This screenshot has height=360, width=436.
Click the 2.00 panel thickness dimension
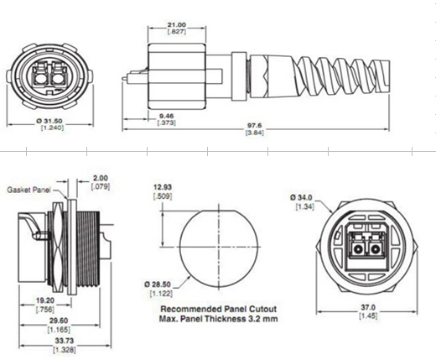[101, 179]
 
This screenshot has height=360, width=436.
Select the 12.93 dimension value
[163, 185]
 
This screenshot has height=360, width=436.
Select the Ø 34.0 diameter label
[302, 197]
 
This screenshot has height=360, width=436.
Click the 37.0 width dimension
[366, 307]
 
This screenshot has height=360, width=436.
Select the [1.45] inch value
[366, 317]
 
